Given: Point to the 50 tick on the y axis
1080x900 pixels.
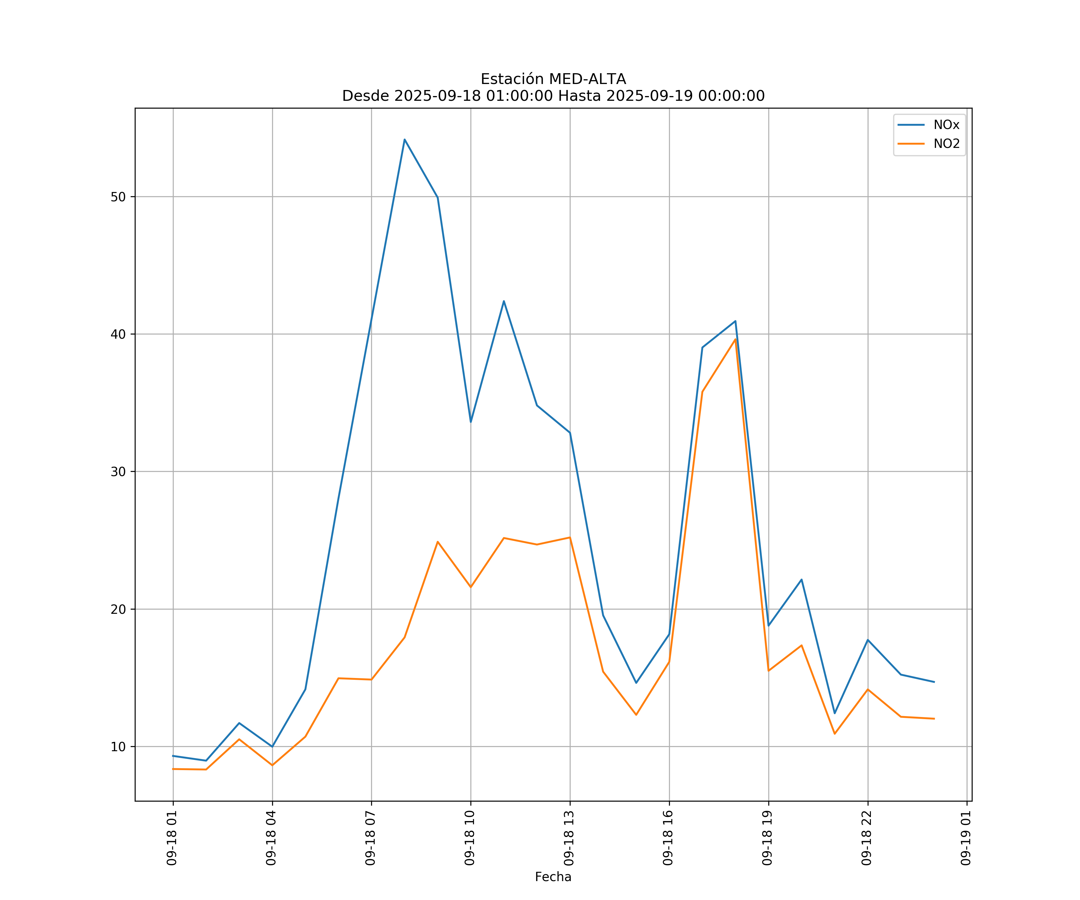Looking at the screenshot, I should pyautogui.click(x=118, y=197).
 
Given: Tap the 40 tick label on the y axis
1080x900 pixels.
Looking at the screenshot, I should pyautogui.click(x=118, y=334).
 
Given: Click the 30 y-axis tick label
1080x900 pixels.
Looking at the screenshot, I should pyautogui.click(x=118, y=472).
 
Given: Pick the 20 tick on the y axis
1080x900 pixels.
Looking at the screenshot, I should pyautogui.click(x=118, y=609).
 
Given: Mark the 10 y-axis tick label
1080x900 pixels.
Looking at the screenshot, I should pyautogui.click(x=118, y=747).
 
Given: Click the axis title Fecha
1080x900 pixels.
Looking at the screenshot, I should pyautogui.click(x=553, y=877).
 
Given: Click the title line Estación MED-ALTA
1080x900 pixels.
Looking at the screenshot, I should pyautogui.click(x=553, y=79).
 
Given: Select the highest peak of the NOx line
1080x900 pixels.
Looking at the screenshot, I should pyautogui.click(x=405, y=139).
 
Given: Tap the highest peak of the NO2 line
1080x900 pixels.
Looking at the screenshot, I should pyautogui.click(x=735, y=339).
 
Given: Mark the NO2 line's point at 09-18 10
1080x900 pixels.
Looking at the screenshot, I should pyautogui.click(x=471, y=587).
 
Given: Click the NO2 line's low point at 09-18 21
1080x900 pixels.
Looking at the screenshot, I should pyautogui.click(x=835, y=733).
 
